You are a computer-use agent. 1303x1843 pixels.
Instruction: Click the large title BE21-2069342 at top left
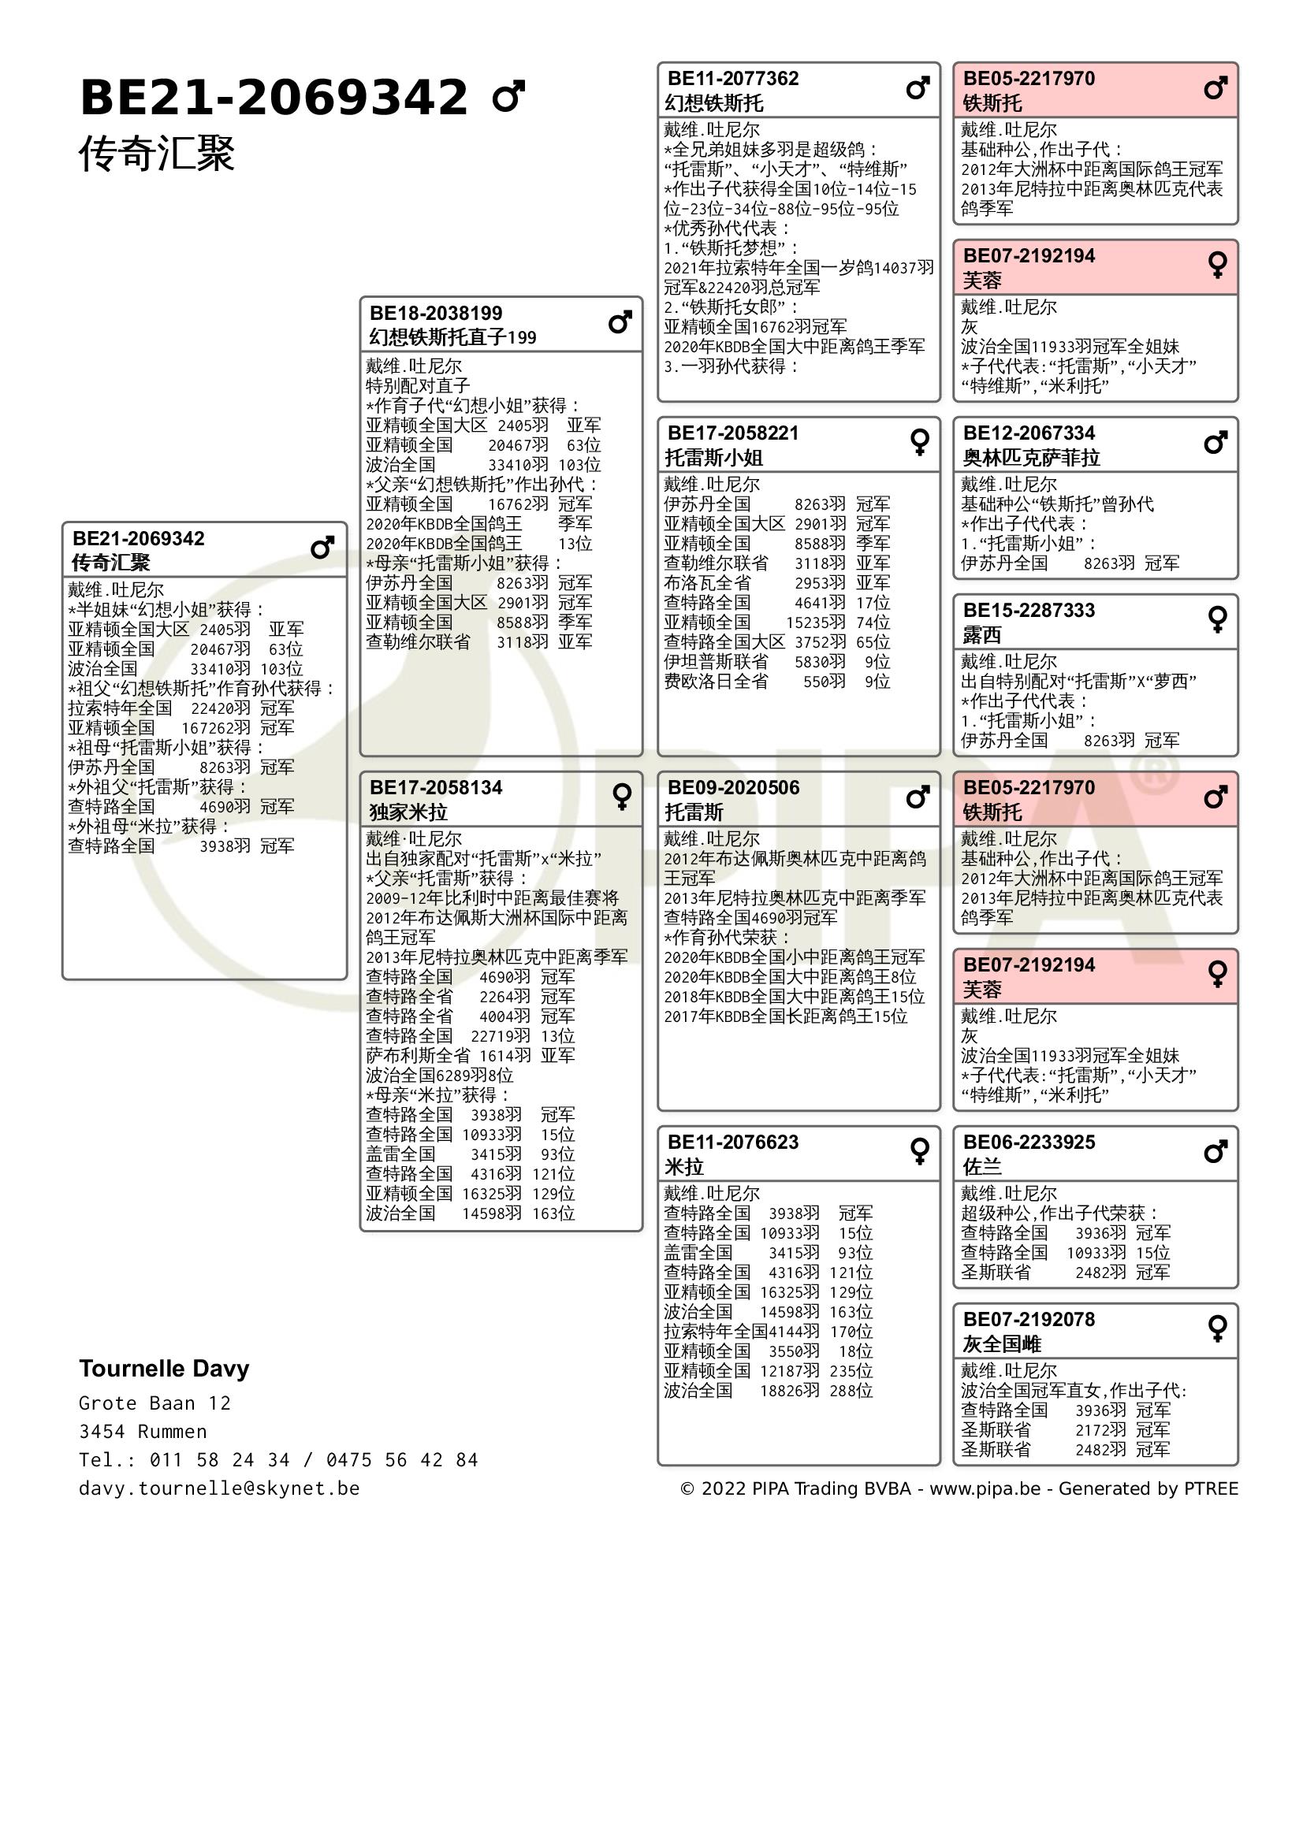(x=273, y=98)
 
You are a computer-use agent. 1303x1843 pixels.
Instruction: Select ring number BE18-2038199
(x=436, y=313)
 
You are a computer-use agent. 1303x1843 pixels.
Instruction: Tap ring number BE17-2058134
(x=436, y=787)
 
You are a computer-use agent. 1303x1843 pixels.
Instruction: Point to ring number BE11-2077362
(x=733, y=79)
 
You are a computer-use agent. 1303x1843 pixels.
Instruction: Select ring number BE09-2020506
(x=733, y=787)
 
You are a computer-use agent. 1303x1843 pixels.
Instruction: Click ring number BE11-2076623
(x=733, y=1142)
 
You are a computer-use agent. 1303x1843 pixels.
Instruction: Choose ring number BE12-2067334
(x=1029, y=433)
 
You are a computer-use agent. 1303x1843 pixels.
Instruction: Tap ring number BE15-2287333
(x=1029, y=610)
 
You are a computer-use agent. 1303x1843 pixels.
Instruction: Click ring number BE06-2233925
(x=1029, y=1142)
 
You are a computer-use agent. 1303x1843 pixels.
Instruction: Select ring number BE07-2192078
(x=1029, y=1319)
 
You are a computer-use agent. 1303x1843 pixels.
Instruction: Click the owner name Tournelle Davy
(x=164, y=1369)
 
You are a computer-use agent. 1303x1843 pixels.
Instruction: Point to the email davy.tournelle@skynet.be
(x=219, y=1488)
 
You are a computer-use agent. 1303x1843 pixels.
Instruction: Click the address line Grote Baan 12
(x=154, y=1403)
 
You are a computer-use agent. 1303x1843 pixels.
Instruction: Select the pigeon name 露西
(x=981, y=635)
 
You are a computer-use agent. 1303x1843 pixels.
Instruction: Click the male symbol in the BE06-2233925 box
(x=1216, y=1152)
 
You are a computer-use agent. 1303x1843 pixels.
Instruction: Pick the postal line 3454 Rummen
(x=143, y=1431)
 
